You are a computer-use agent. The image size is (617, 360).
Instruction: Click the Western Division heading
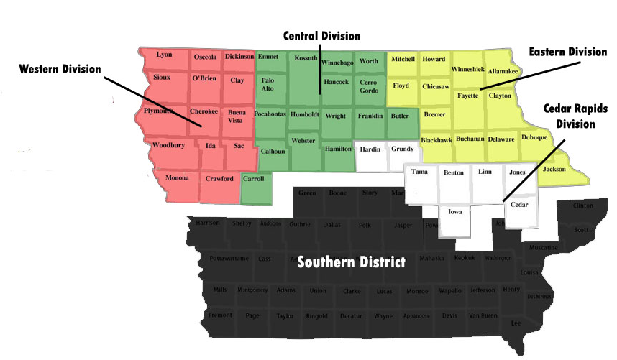click(x=60, y=68)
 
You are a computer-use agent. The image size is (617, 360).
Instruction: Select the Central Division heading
click(x=321, y=35)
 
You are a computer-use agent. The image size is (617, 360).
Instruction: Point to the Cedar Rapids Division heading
click(x=576, y=116)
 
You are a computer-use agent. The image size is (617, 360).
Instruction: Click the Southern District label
click(x=352, y=262)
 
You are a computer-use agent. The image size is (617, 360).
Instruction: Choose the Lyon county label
click(x=164, y=55)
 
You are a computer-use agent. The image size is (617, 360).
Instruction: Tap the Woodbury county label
click(x=168, y=145)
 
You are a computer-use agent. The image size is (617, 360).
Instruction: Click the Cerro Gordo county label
click(x=368, y=86)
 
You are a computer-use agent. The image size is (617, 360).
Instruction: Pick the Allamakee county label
click(x=503, y=71)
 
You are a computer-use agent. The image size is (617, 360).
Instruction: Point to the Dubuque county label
click(x=534, y=137)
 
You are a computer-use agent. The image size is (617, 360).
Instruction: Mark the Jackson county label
click(x=554, y=170)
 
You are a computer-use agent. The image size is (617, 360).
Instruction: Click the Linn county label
click(x=485, y=172)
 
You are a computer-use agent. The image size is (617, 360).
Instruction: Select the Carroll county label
click(x=254, y=178)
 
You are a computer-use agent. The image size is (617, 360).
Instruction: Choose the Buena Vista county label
click(x=237, y=116)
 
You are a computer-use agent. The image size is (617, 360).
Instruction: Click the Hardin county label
click(x=370, y=149)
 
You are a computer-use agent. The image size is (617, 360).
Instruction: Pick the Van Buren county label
click(x=483, y=315)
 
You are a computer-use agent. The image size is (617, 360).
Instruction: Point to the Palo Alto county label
click(x=268, y=85)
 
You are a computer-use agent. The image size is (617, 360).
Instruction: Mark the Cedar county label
click(x=519, y=205)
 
